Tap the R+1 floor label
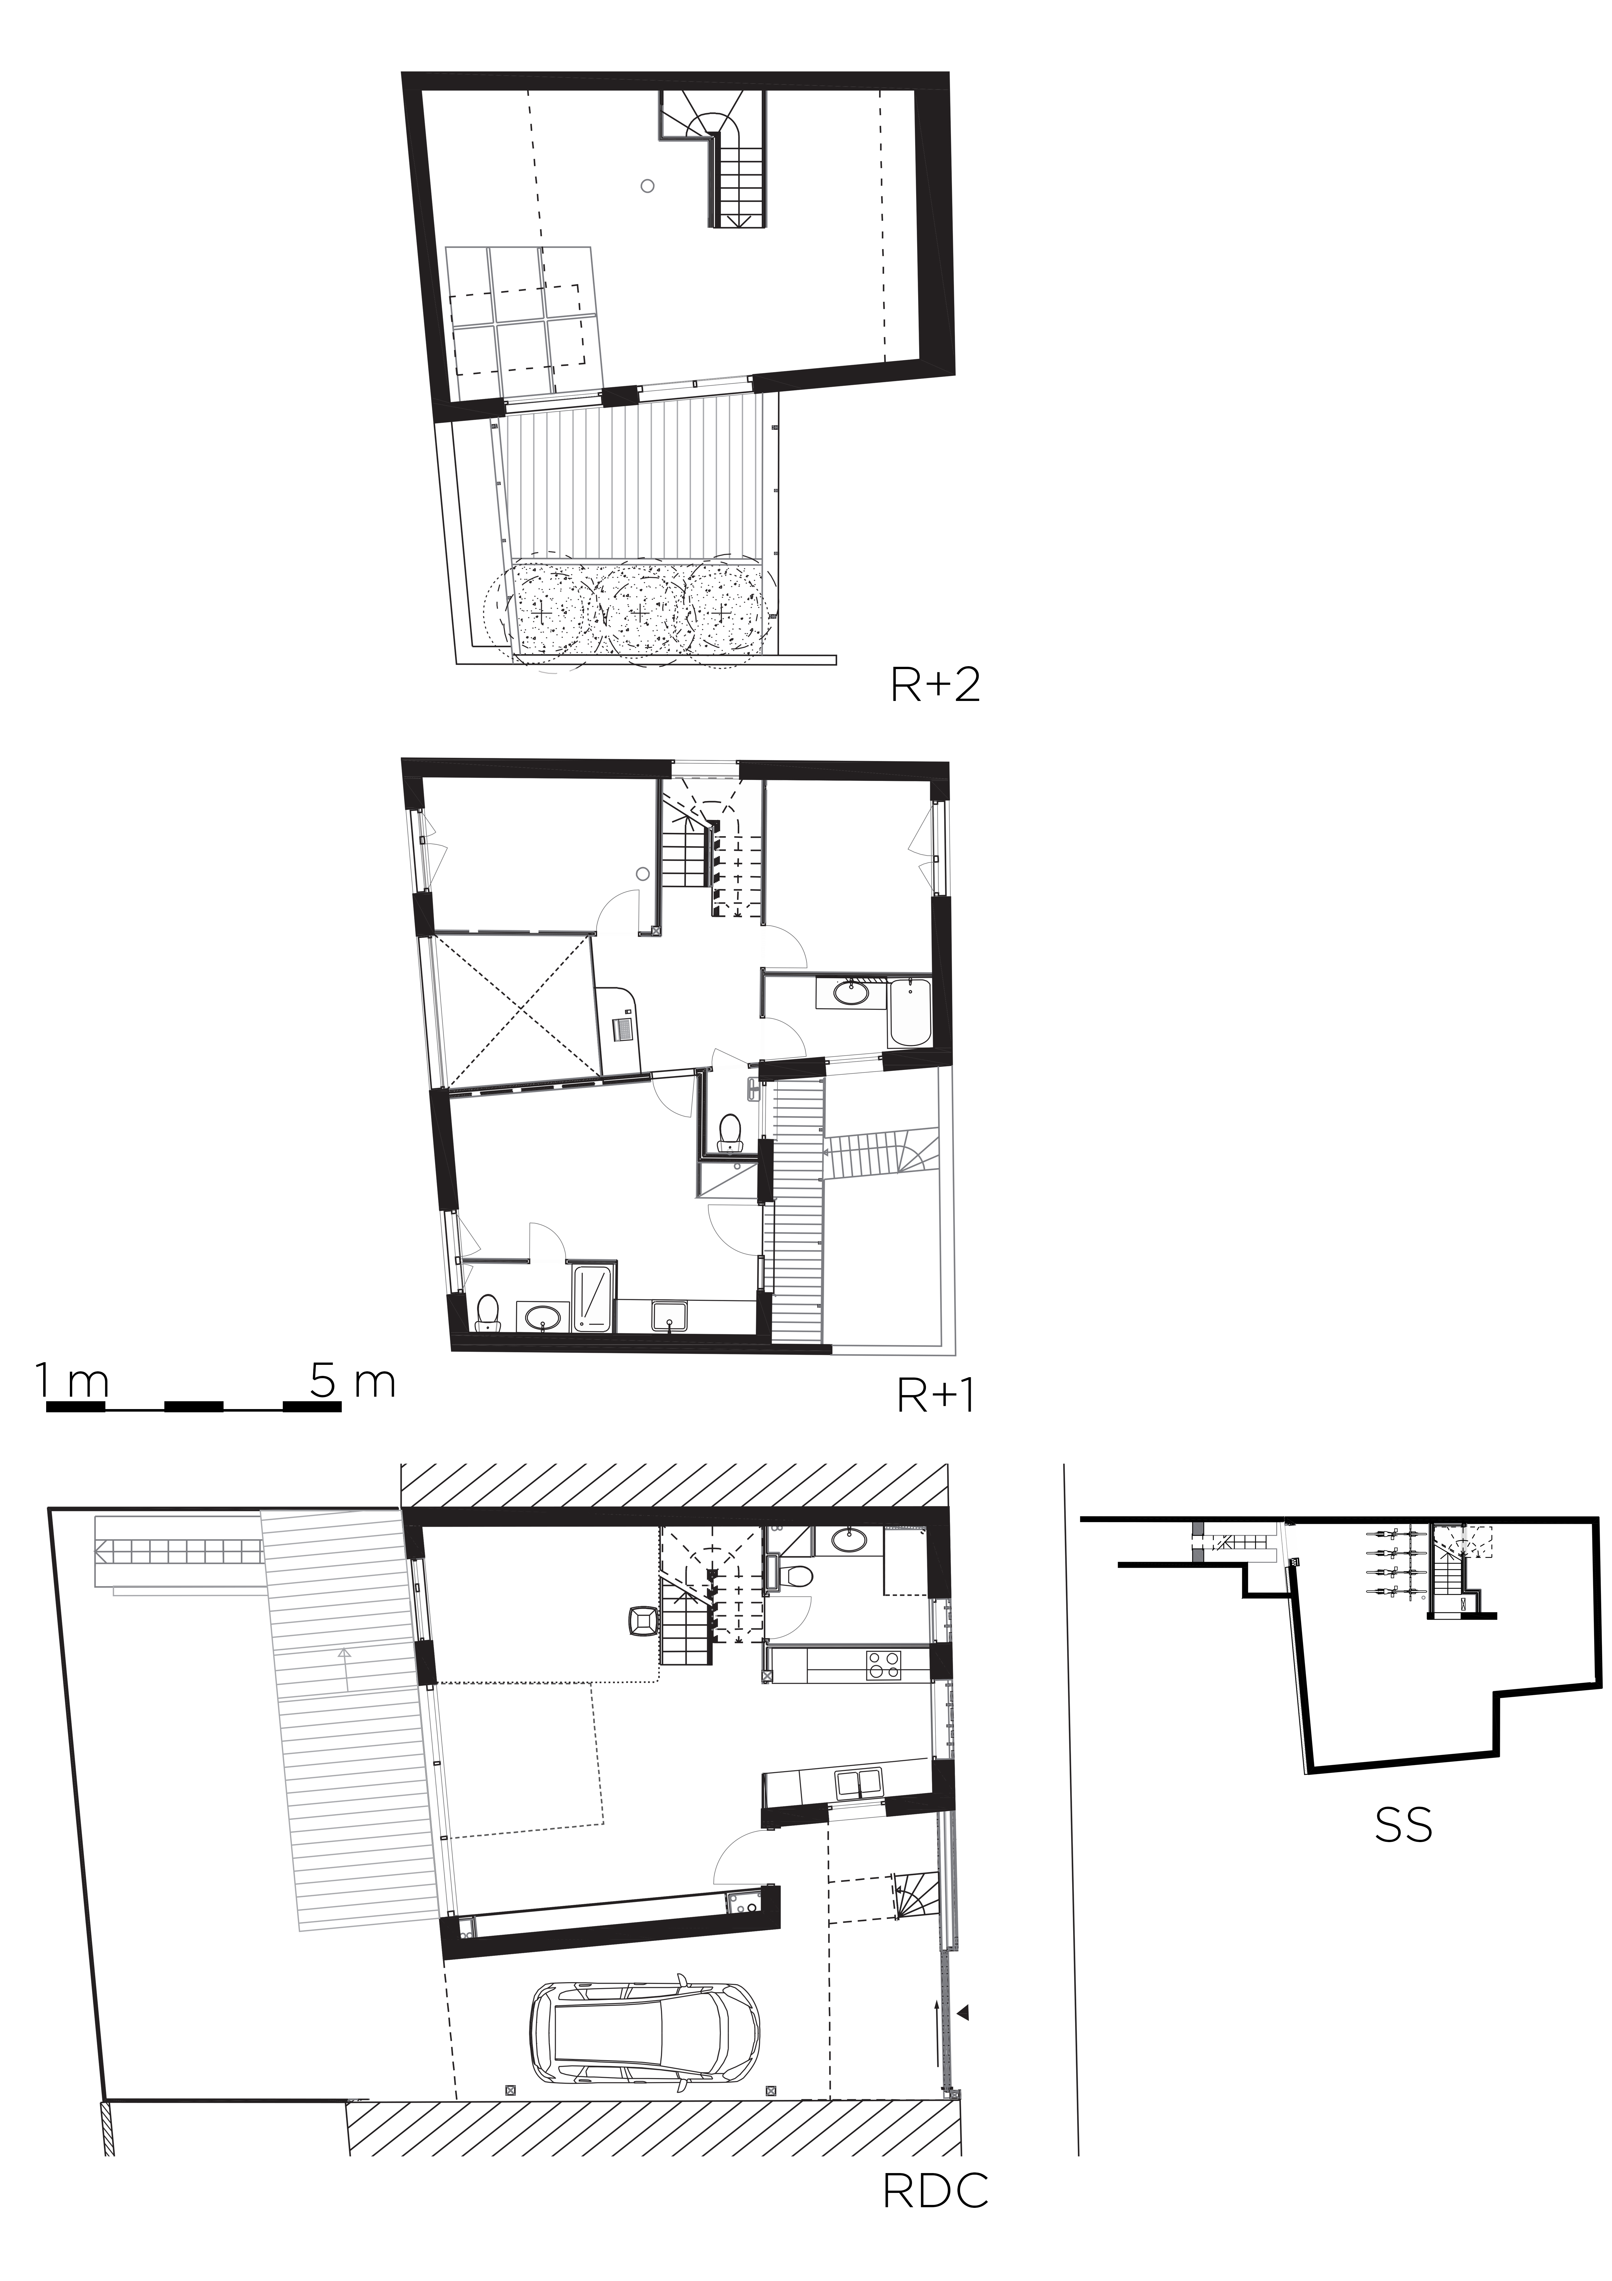936,1396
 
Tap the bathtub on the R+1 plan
909,1012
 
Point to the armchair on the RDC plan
642,1620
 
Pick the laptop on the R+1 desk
623,1027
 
